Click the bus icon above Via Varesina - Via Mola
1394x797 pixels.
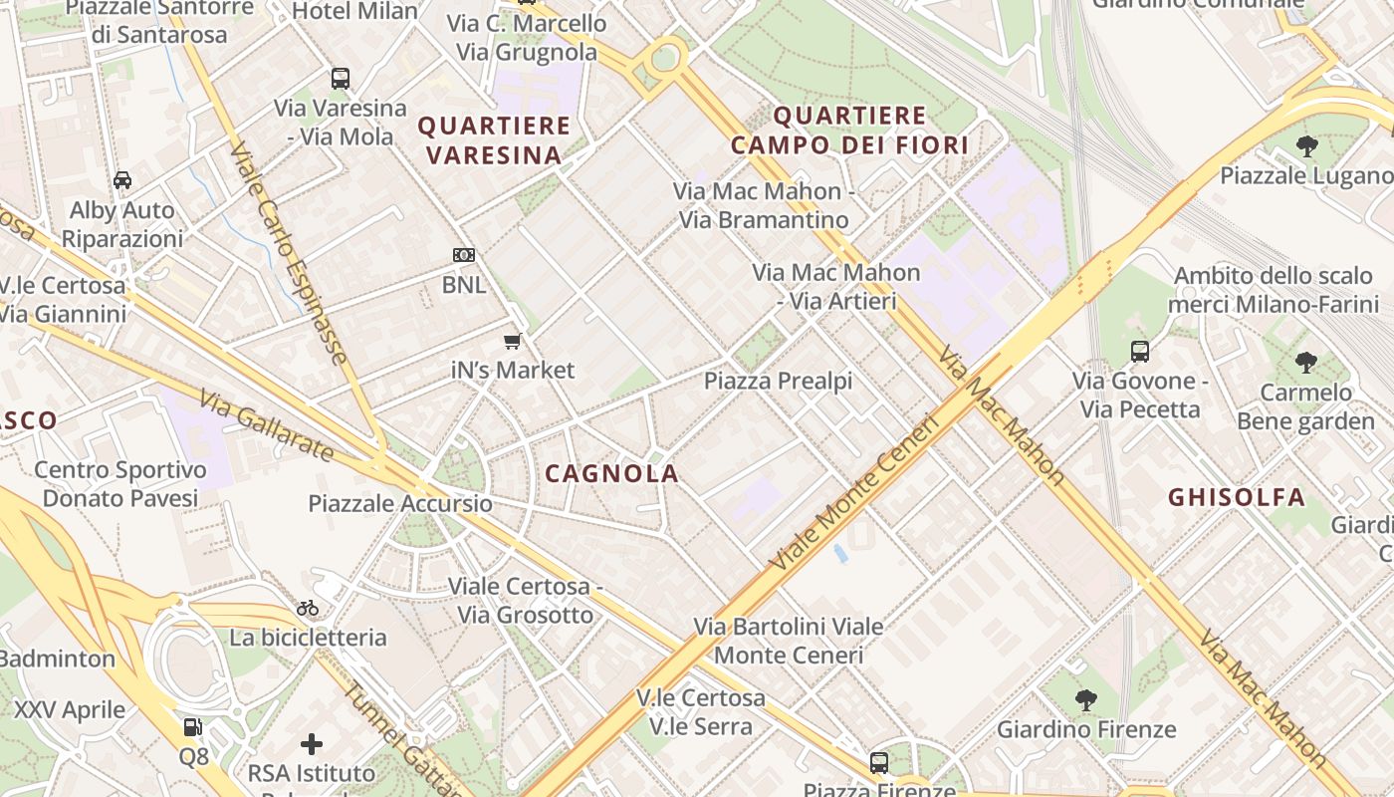[341, 79]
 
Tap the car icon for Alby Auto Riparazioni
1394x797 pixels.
[122, 180]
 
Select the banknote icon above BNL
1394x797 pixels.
[464, 255]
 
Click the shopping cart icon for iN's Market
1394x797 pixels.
[513, 342]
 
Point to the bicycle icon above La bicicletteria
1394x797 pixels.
[308, 608]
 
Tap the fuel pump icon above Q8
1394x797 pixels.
[193, 727]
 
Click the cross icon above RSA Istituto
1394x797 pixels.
[312, 744]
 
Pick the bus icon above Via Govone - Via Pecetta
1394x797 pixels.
[1140, 352]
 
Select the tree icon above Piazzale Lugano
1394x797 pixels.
[1307, 147]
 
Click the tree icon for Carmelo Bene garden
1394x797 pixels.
[1305, 363]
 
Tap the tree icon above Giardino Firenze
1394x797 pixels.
[1086, 700]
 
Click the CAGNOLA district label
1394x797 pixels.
[612, 474]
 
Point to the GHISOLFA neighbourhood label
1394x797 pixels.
[1236, 497]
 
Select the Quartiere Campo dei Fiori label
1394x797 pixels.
[850, 131]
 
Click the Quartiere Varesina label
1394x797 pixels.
[494, 140]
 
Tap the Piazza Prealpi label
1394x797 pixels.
[779, 381]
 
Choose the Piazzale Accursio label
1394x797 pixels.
[400, 503]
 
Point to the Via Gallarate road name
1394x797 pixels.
[266, 427]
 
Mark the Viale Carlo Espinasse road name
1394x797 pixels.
[289, 254]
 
